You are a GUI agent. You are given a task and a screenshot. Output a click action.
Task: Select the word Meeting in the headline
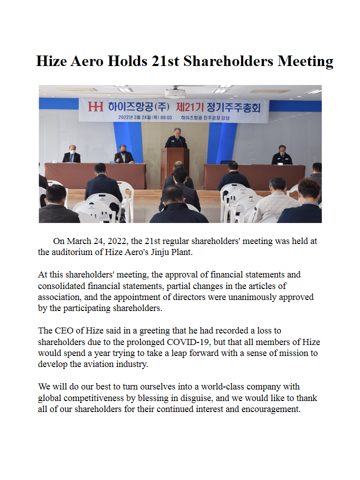(x=305, y=61)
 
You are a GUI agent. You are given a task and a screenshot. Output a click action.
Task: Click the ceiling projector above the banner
(x=175, y=93)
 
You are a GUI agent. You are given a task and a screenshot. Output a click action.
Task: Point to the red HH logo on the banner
(x=95, y=106)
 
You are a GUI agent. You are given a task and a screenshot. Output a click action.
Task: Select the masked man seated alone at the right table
(x=282, y=155)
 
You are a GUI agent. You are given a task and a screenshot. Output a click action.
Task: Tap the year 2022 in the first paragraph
(x=117, y=241)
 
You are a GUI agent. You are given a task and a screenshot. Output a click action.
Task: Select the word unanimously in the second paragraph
(x=247, y=297)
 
